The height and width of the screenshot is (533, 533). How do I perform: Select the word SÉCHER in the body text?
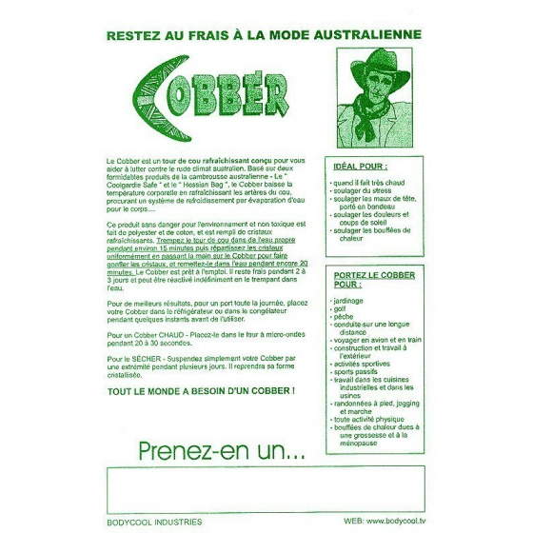[x=144, y=357]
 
